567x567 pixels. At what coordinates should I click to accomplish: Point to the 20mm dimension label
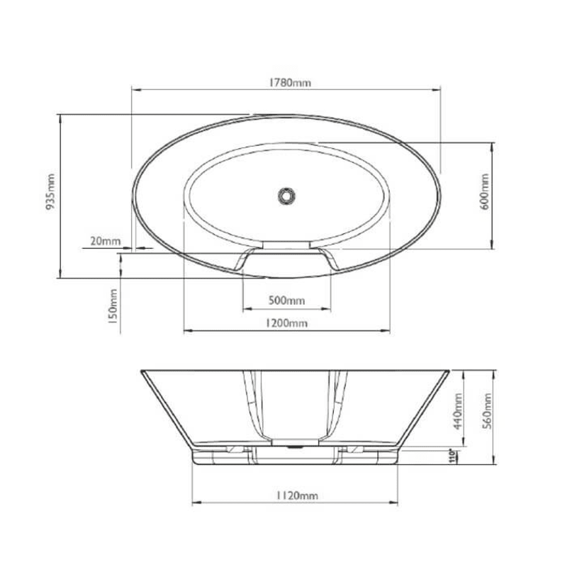[106, 241]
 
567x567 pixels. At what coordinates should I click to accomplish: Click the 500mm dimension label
[287, 301]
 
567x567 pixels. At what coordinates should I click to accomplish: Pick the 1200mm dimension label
[287, 323]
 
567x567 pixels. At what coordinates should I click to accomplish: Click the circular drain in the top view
[286, 193]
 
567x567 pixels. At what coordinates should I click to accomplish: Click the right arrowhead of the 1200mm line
[388, 331]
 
